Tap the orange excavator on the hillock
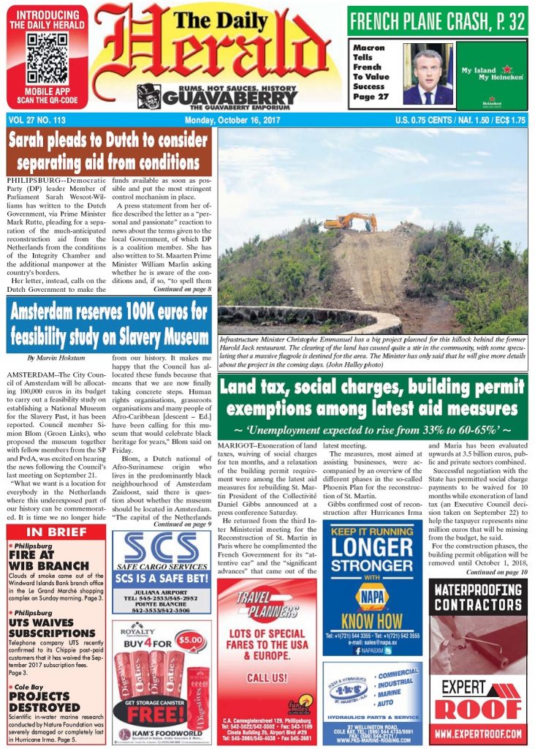pyautogui.click(x=351, y=221)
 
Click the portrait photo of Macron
pyautogui.click(x=428, y=74)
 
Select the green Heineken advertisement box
pyautogui.click(x=491, y=75)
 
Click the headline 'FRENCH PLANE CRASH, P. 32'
pyautogui.click(x=437, y=21)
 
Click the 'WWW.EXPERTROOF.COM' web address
pyautogui.click(x=478, y=732)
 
